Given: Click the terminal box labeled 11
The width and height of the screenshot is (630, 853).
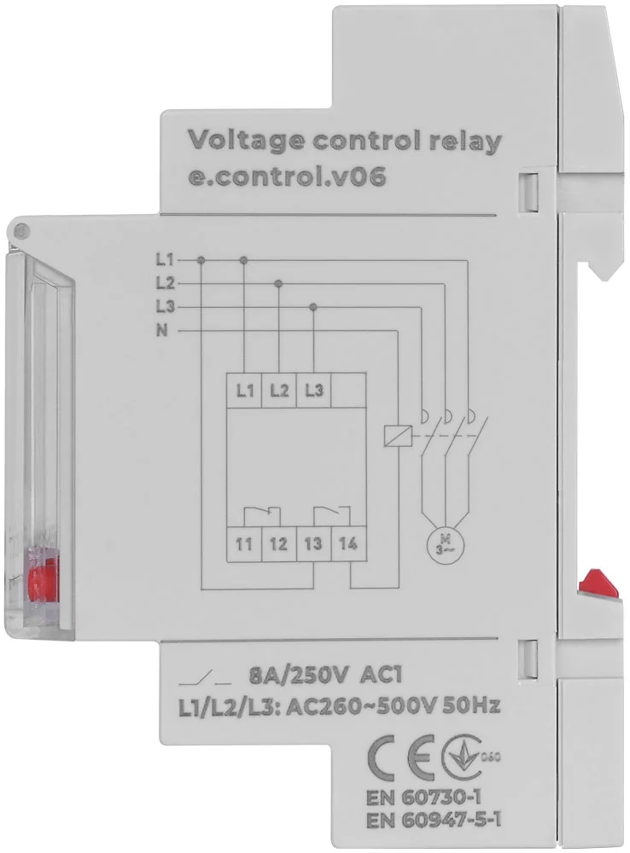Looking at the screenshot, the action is click(x=244, y=544).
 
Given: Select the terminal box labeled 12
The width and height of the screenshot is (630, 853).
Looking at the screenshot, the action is click(x=279, y=544).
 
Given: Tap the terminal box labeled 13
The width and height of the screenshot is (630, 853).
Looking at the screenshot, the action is click(x=313, y=544).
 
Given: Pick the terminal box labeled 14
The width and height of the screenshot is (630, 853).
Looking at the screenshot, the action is click(x=348, y=544).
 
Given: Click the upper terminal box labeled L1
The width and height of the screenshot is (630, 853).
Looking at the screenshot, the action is click(x=244, y=390).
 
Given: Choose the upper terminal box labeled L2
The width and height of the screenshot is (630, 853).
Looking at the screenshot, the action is click(x=279, y=390).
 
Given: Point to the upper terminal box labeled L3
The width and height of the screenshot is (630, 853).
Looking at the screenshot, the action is click(x=313, y=390).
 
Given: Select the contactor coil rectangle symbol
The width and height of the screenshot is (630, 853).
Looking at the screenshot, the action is click(x=394, y=435).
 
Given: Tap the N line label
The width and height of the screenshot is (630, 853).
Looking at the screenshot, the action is click(x=161, y=330).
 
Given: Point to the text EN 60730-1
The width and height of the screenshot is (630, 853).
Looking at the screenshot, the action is click(x=423, y=798).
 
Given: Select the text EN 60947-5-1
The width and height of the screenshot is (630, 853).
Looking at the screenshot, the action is click(x=433, y=821).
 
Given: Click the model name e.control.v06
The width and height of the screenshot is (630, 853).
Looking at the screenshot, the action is click(x=287, y=177).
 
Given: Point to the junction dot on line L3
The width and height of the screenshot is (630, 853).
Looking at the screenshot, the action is click(x=313, y=307).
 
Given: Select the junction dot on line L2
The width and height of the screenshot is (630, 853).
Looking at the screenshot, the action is click(x=279, y=283).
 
